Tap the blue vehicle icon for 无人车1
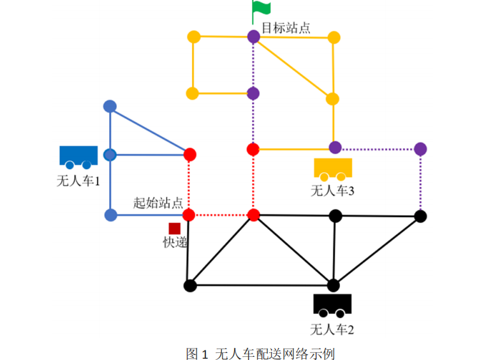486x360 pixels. click(78, 157)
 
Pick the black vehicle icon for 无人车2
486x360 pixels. click(332, 305)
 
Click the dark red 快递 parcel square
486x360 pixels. click(174, 228)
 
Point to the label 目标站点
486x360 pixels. click(286, 28)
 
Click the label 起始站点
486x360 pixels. click(158, 202)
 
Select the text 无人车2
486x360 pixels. click(332, 329)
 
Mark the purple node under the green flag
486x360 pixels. click(254, 36)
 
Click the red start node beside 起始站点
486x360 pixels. click(189, 214)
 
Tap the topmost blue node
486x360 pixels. click(110, 106)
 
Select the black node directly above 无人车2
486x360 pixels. click(333, 285)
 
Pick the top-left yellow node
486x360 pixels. click(193, 36)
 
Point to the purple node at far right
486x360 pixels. click(420, 149)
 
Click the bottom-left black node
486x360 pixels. click(189, 285)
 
